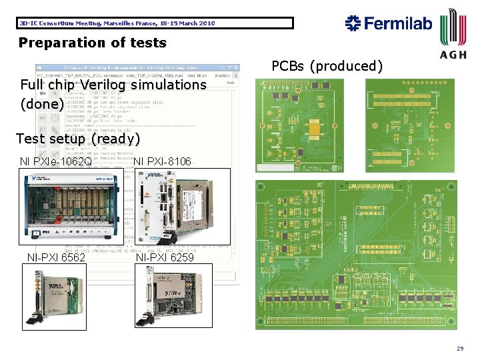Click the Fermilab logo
pyautogui.click(x=389, y=23)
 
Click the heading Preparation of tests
pyautogui.click(x=93, y=43)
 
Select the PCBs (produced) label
pyautogui.click(x=327, y=66)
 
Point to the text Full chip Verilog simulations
pyautogui.click(x=113, y=85)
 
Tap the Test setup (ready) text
pyautogui.click(x=77, y=139)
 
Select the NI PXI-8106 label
pyautogui.click(x=162, y=161)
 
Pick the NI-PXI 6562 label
pyautogui.click(x=56, y=257)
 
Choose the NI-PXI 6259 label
pyautogui.click(x=165, y=257)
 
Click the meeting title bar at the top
pyautogui.click(x=155, y=23)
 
